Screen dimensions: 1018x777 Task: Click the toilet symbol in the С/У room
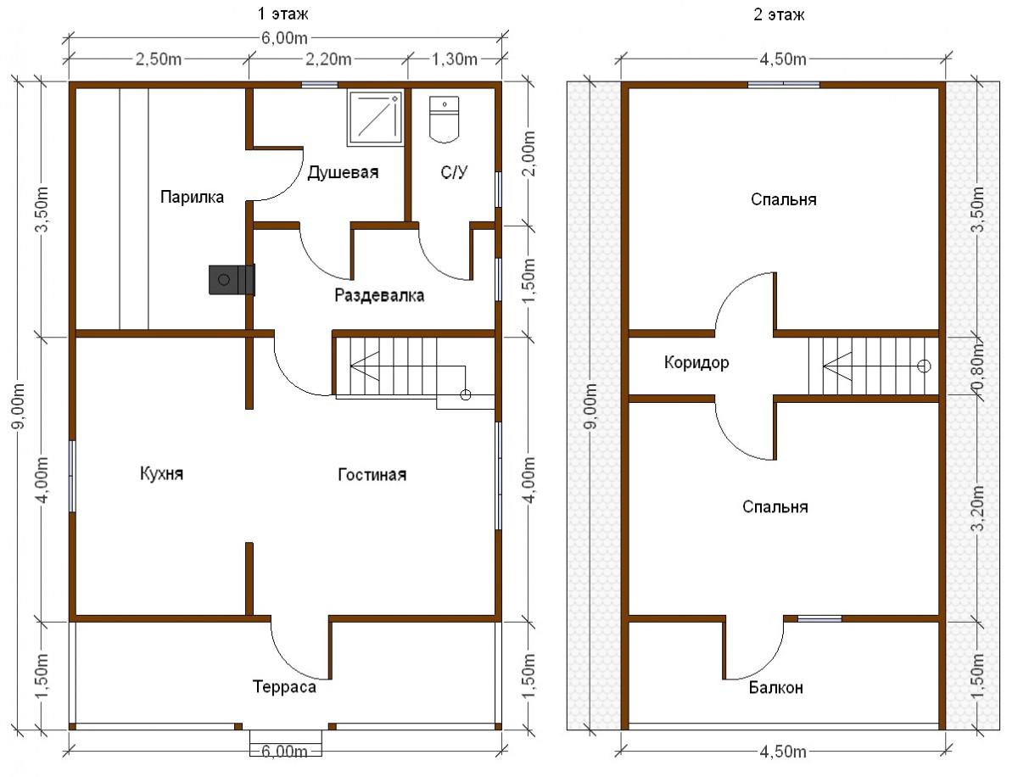444,119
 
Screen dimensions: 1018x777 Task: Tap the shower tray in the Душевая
375,119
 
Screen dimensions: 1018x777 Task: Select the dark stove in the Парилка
232,280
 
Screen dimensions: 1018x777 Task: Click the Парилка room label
192,197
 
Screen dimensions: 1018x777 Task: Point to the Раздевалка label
379,295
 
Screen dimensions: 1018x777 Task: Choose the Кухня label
161,473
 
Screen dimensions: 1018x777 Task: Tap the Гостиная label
372,474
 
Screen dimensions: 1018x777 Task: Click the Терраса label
284,686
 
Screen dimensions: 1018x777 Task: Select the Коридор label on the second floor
696,362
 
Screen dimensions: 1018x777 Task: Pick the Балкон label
776,688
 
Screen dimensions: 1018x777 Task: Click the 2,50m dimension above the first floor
158,59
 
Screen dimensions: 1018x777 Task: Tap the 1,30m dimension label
455,59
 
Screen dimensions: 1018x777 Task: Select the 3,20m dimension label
977,509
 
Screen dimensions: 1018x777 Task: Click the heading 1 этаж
282,14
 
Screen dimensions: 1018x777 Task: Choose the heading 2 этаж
779,14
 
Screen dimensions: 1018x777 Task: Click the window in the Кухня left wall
72,476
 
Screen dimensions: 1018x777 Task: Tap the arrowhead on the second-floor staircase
837,366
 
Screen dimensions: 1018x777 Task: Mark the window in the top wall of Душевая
320,85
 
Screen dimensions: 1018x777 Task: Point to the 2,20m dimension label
328,59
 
